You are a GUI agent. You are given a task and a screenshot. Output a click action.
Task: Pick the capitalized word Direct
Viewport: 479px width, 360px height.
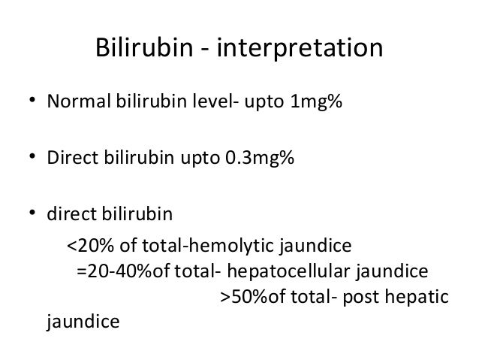point(70,158)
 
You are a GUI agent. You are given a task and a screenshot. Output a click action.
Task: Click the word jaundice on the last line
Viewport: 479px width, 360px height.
point(83,324)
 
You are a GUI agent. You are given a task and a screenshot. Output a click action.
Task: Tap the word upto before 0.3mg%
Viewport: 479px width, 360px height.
point(201,158)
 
